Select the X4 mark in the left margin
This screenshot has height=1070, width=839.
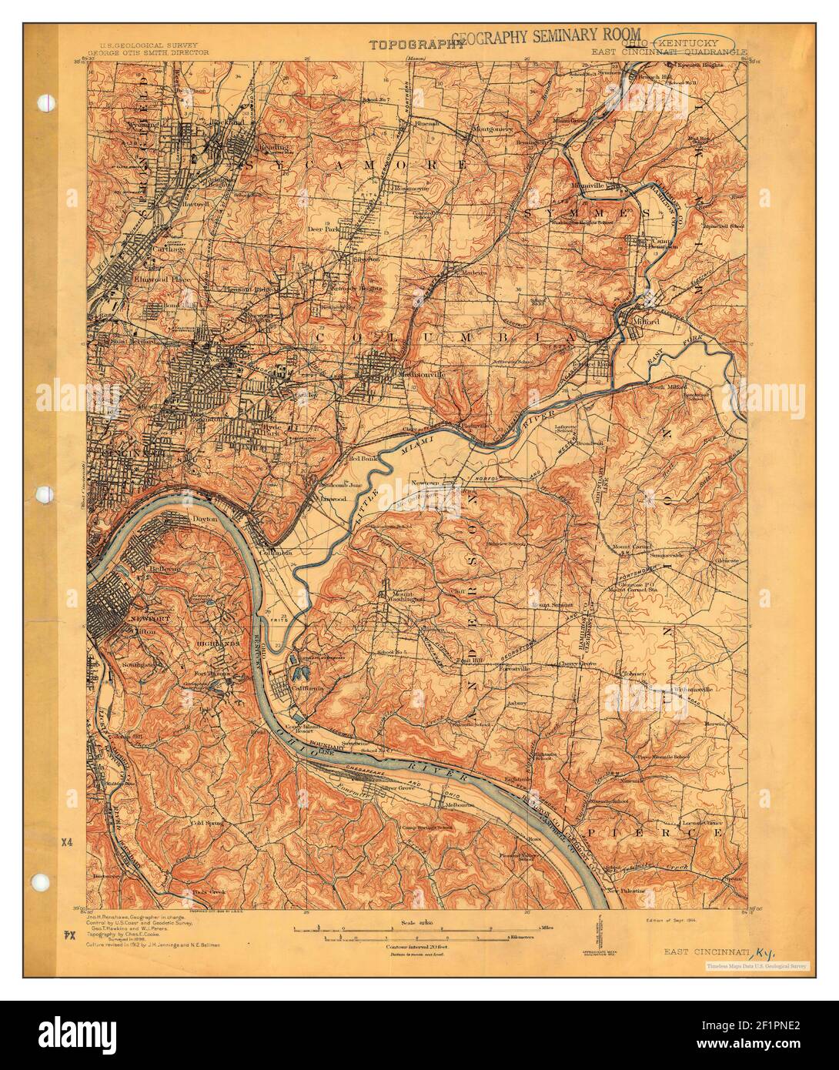coord(68,842)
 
